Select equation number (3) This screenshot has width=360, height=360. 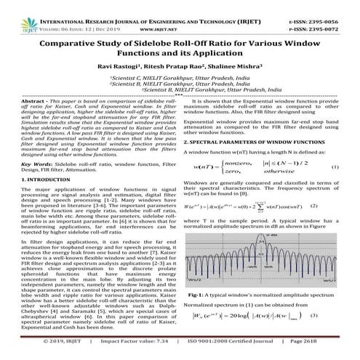[335, 337]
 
